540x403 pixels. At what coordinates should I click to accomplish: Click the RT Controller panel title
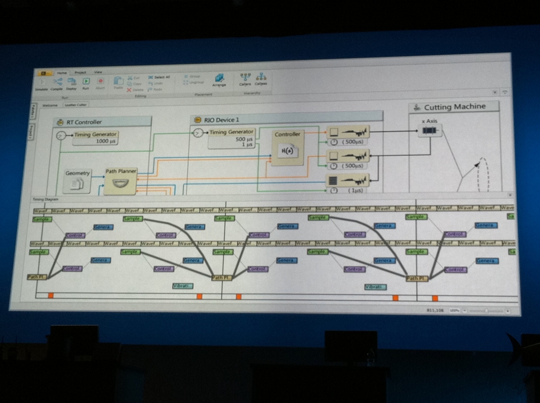point(84,122)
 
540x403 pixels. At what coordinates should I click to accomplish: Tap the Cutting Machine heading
point(455,107)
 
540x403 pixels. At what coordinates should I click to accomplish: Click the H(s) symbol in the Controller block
point(287,151)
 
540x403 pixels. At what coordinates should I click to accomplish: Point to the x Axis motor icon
point(430,131)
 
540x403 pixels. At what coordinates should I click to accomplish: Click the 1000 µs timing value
point(106,141)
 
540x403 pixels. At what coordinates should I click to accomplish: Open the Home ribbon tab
point(62,72)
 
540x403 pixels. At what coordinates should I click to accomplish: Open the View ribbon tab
point(98,72)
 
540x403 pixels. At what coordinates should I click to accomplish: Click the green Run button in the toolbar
point(86,82)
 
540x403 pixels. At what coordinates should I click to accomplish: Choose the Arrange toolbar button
point(219,80)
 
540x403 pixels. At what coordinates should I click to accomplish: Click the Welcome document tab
point(50,105)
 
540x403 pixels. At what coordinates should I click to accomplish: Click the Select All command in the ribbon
point(159,77)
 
